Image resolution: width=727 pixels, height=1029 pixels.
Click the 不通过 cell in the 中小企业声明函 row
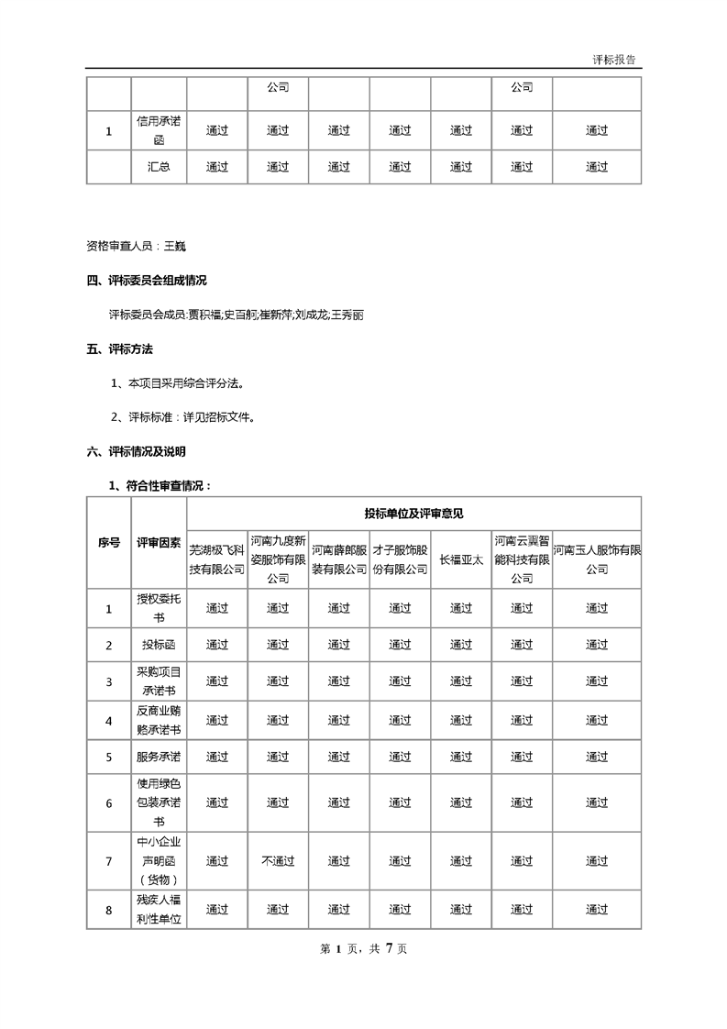(x=278, y=861)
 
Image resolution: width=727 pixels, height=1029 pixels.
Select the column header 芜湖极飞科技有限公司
(x=216, y=559)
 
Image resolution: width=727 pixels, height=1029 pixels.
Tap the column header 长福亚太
(x=461, y=559)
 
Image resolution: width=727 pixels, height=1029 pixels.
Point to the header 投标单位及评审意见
(x=413, y=514)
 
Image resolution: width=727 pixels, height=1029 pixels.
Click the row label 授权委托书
(x=159, y=607)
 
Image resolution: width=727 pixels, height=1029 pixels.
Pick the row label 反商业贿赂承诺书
(x=159, y=721)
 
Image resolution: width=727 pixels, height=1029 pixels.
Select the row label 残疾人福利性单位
(x=159, y=910)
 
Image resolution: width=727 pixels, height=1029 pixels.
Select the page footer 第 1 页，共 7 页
(x=363, y=949)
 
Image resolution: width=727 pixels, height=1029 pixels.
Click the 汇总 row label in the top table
(x=159, y=167)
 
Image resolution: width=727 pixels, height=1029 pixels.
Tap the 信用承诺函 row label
(x=159, y=130)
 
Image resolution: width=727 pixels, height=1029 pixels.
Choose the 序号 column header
(x=109, y=542)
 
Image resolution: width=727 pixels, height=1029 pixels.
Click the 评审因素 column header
(x=159, y=542)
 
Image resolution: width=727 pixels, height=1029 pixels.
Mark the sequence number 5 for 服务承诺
(x=109, y=758)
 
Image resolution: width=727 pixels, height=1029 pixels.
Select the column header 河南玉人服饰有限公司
(x=597, y=559)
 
